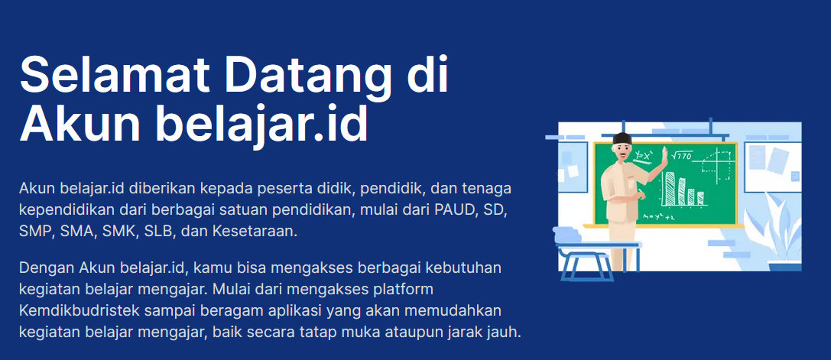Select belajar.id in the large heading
tap(261, 125)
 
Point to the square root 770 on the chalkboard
tap(682, 156)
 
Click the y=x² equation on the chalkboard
tap(644, 155)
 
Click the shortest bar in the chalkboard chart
tap(700, 198)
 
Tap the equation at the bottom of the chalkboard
tap(658, 217)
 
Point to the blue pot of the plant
tap(784, 266)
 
